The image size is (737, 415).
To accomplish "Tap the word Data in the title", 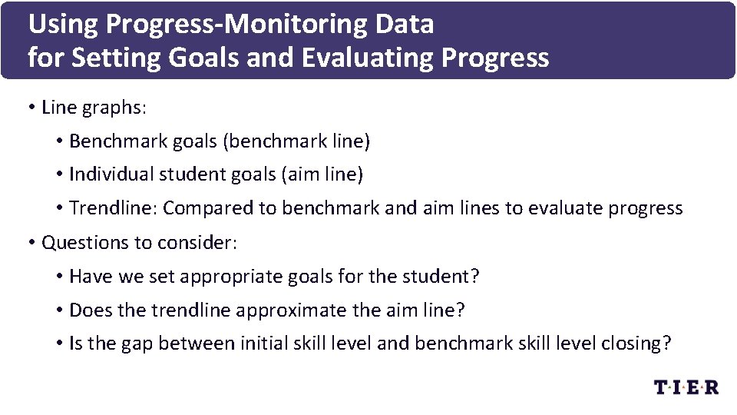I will (405, 25).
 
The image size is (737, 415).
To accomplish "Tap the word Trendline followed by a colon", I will (112, 208).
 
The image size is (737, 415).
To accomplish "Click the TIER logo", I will (686, 387).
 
